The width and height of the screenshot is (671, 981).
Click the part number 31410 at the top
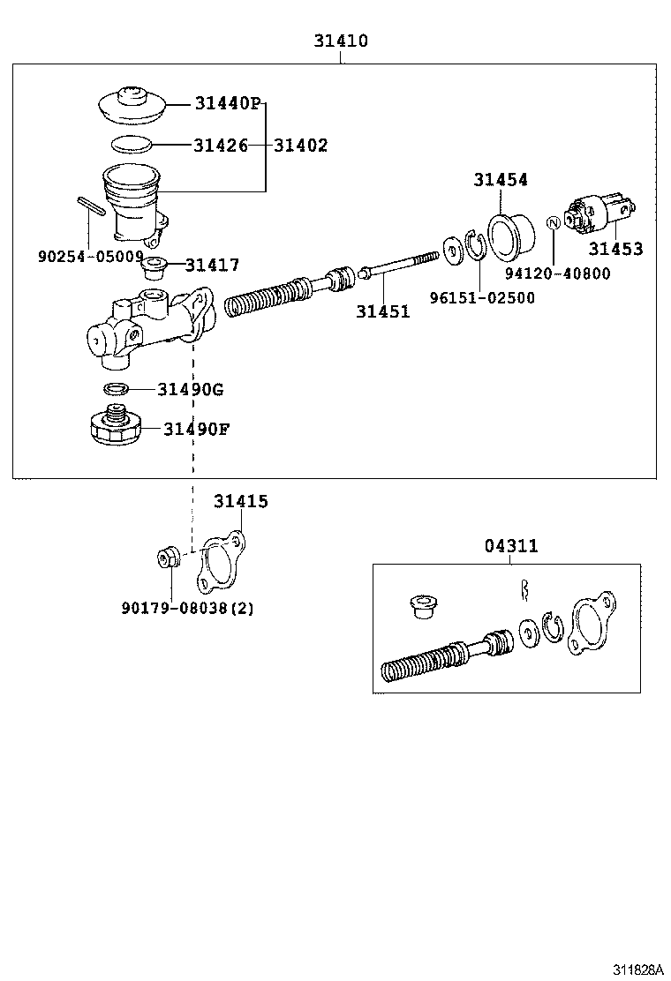tap(341, 41)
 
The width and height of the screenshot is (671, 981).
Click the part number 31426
tap(221, 146)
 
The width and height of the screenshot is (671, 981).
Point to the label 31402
tap(300, 146)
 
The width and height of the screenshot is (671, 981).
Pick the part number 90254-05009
tap(90, 256)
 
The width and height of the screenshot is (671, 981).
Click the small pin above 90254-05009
tap(90, 208)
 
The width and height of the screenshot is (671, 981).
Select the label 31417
tap(213, 265)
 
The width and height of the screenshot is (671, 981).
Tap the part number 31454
tap(500, 179)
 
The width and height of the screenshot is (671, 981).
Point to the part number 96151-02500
tap(482, 298)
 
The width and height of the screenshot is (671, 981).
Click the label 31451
tap(383, 311)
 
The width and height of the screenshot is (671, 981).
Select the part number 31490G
tap(192, 389)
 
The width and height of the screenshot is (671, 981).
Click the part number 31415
tap(240, 501)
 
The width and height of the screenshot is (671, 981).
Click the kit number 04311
tap(510, 546)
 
